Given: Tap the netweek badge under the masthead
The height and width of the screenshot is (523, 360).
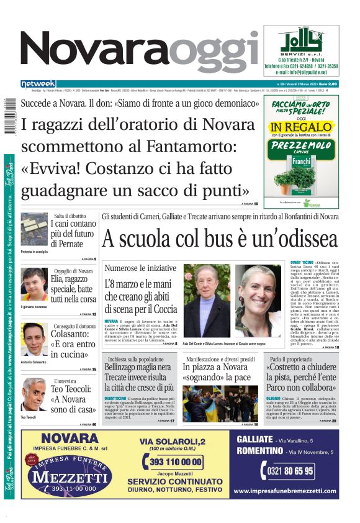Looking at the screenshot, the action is (x=38, y=84).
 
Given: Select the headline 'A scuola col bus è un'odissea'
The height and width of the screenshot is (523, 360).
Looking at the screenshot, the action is (x=220, y=238).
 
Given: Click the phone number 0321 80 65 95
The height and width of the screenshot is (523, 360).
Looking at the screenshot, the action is (x=291, y=471).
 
